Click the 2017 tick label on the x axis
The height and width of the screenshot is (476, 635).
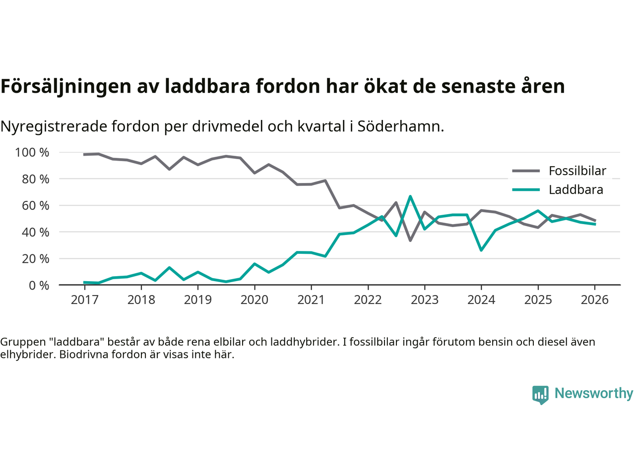84,300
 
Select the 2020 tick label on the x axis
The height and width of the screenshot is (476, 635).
254,300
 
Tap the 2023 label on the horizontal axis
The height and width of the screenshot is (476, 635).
425,300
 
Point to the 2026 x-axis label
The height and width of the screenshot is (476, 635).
595,300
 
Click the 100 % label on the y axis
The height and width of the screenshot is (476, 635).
32,153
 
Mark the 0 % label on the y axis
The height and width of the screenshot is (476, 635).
39,286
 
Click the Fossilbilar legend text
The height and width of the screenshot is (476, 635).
577,171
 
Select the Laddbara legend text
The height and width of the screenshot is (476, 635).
576,190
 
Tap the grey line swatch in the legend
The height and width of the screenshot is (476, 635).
526,171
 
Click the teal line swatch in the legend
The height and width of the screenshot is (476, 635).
526,190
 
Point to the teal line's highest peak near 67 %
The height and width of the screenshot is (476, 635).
410,196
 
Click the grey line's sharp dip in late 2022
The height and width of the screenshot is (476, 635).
410,240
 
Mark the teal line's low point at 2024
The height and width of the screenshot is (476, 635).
481,250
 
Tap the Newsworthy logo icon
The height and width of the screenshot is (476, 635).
540,395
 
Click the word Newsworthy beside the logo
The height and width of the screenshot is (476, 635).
594,393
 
